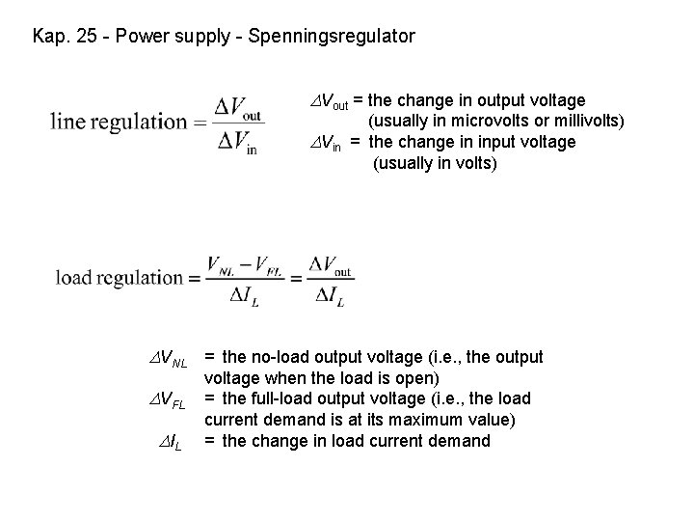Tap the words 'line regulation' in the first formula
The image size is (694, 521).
click(117, 123)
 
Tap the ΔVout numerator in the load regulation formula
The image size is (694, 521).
click(330, 261)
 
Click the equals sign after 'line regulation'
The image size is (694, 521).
click(200, 123)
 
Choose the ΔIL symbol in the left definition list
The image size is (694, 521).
click(171, 443)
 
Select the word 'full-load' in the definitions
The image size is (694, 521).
click(280, 398)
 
